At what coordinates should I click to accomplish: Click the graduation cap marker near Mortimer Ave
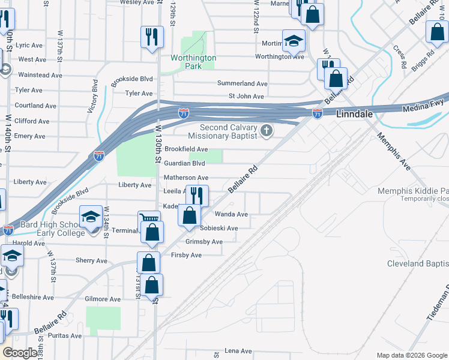pyautogui.click(x=294, y=41)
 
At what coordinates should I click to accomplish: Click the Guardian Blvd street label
pyautogui.click(x=185, y=163)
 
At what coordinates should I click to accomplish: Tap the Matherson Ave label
pyautogui.click(x=186, y=178)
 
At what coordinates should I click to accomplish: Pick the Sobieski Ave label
pyautogui.click(x=219, y=228)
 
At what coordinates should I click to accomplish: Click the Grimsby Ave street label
pyautogui.click(x=204, y=242)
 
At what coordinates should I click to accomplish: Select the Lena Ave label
pyautogui.click(x=238, y=350)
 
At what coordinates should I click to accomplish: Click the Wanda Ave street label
pyautogui.click(x=231, y=214)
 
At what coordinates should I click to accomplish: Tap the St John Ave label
pyautogui.click(x=246, y=96)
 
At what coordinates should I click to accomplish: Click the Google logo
pyautogui.click(x=20, y=353)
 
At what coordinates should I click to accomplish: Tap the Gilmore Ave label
pyautogui.click(x=103, y=299)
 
